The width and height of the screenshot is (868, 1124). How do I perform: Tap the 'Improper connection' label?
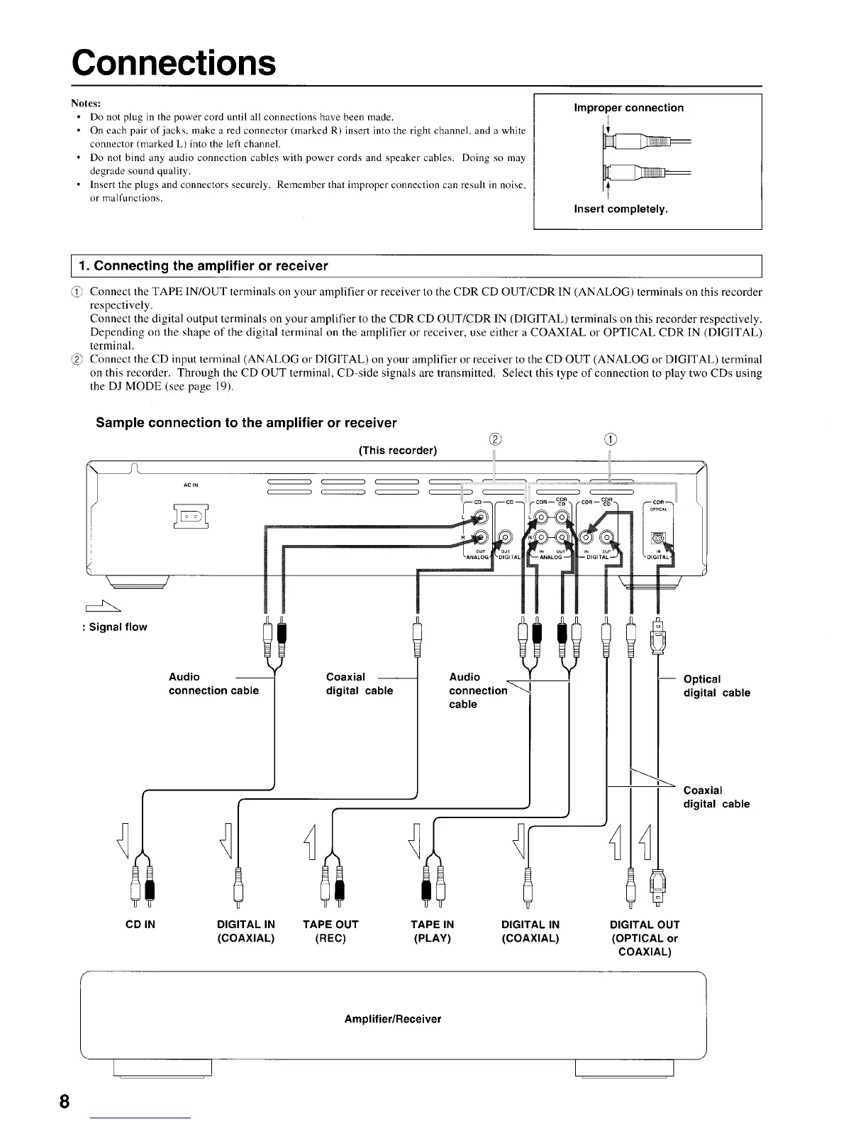click(x=628, y=108)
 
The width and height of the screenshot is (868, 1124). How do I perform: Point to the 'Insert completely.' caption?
click(x=621, y=209)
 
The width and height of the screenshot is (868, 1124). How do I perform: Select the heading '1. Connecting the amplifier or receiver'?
click(x=204, y=266)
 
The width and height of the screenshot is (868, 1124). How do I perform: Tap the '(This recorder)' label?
click(x=398, y=451)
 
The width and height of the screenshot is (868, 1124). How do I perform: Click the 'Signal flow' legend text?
click(x=118, y=627)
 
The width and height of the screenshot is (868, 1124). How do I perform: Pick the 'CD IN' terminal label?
click(x=140, y=925)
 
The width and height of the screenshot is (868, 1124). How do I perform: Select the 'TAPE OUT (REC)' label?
click(x=330, y=931)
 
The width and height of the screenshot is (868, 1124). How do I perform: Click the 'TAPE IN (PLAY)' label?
click(x=432, y=931)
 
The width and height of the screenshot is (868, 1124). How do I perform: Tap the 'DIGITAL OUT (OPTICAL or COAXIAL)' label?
click(x=645, y=938)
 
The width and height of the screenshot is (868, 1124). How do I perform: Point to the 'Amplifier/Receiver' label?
click(x=392, y=1019)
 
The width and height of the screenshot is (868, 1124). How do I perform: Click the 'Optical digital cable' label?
click(x=716, y=685)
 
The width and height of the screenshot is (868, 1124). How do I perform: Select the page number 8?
click(x=65, y=1101)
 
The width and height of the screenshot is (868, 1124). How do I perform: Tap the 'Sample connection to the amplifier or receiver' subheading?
click(x=246, y=423)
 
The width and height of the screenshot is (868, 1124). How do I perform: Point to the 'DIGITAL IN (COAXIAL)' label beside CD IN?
click(x=245, y=931)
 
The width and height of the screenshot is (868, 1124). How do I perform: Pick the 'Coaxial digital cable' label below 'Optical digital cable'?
click(x=716, y=797)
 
